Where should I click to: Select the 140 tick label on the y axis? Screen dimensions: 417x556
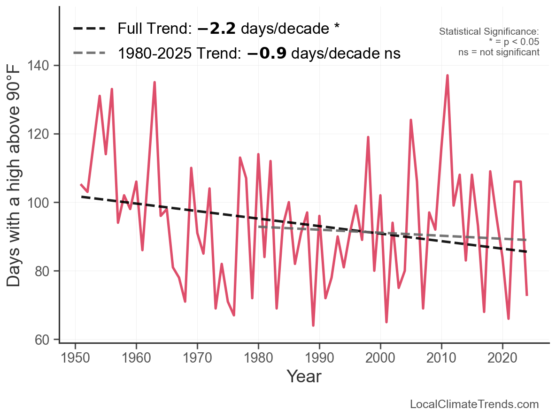tap(42, 66)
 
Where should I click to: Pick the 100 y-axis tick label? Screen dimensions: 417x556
tap(42, 203)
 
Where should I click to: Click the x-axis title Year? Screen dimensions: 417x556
tap(304, 376)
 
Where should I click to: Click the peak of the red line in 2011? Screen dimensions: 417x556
tap(448, 75)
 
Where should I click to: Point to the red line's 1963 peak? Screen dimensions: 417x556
tap(154, 82)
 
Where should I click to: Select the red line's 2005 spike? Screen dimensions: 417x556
tap(411, 120)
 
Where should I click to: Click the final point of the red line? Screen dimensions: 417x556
tap(527, 295)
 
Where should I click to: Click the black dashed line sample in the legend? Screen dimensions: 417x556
tap(89, 29)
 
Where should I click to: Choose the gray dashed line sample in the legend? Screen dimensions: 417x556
tap(89, 53)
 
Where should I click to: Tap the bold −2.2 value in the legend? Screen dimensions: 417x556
tap(217, 29)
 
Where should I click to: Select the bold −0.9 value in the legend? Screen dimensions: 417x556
tap(267, 53)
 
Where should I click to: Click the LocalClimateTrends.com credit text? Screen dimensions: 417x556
tap(474, 404)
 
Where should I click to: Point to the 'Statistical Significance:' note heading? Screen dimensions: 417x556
tap(489, 32)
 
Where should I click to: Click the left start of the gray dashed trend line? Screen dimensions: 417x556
tap(259, 227)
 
